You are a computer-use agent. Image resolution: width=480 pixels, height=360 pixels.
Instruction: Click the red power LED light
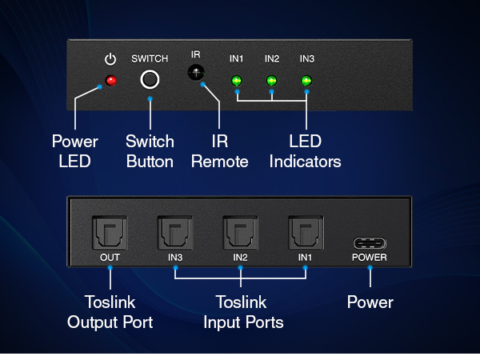click(x=111, y=81)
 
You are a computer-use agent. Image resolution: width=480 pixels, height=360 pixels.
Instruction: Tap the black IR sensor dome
click(x=196, y=73)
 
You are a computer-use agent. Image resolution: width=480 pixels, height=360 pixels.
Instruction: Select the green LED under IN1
click(x=236, y=81)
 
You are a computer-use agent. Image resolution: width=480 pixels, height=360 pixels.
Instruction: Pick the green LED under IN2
click(x=271, y=81)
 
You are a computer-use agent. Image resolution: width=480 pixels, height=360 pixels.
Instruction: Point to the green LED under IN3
click(x=306, y=81)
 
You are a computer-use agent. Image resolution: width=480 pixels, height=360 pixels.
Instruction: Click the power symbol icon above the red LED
click(x=110, y=59)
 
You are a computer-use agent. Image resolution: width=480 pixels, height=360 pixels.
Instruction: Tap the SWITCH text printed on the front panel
click(x=150, y=58)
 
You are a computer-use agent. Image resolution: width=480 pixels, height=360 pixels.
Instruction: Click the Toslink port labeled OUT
click(x=110, y=233)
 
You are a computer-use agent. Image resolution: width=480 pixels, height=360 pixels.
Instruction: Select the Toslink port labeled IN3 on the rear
click(x=174, y=233)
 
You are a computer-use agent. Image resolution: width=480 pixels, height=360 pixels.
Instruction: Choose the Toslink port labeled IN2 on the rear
click(x=240, y=233)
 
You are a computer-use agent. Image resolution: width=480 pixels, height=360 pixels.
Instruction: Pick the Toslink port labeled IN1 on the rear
click(x=306, y=233)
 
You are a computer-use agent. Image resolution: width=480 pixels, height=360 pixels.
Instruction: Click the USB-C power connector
click(x=370, y=243)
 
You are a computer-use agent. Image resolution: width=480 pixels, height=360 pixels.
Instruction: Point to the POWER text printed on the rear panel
click(x=370, y=258)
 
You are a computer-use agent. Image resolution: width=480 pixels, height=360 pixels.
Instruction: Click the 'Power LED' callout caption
click(x=75, y=151)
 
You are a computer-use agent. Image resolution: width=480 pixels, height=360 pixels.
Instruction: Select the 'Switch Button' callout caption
click(x=150, y=151)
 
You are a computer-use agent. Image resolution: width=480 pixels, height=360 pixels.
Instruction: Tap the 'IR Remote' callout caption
click(x=220, y=151)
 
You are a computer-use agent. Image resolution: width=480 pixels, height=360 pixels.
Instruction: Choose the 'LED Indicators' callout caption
click(x=306, y=151)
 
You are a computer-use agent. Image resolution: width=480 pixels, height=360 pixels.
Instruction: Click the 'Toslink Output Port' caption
click(x=110, y=312)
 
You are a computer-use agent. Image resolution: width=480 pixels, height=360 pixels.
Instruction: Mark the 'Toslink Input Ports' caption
click(x=243, y=312)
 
